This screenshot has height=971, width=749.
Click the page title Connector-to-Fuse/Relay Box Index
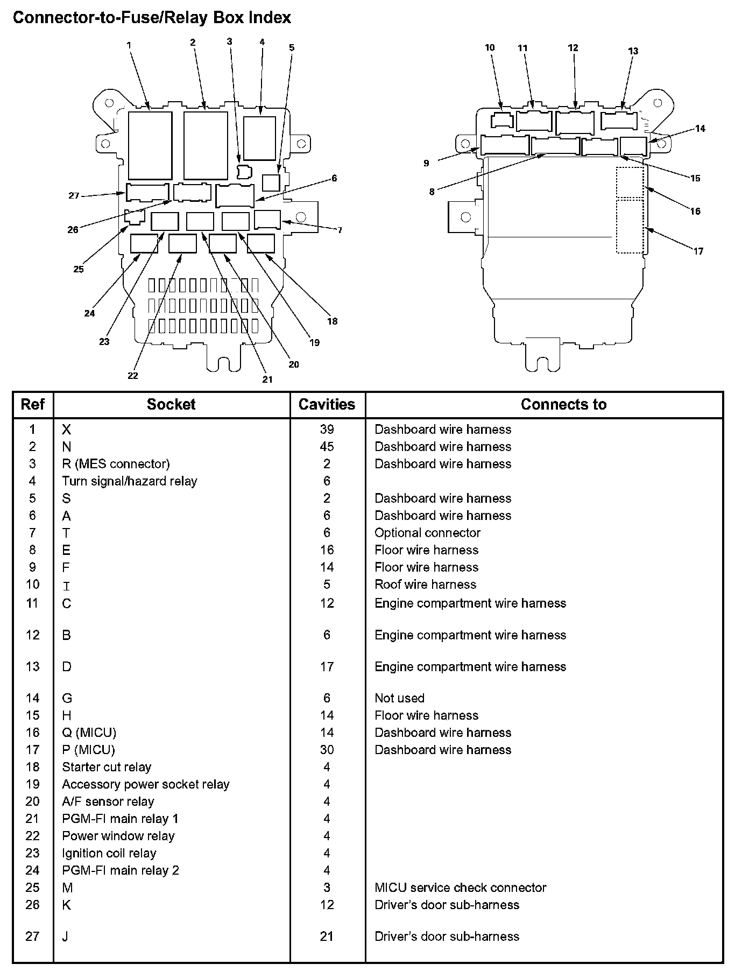pyautogui.click(x=152, y=18)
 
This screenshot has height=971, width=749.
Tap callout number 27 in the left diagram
pyautogui.click(x=74, y=195)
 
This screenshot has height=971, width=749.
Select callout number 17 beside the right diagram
pyautogui.click(x=698, y=251)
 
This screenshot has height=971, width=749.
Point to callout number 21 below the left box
pyautogui.click(x=267, y=379)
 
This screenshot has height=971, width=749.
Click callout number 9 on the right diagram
pyautogui.click(x=426, y=163)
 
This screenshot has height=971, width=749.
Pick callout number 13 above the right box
pyautogui.click(x=633, y=51)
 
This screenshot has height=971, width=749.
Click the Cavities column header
pyautogui.click(x=327, y=404)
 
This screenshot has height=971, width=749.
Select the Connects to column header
pyautogui.click(x=563, y=404)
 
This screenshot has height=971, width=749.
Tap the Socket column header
pyautogui.click(x=171, y=404)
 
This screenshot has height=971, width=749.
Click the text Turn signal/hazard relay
pyautogui.click(x=130, y=481)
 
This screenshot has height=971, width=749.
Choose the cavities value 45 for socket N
pyautogui.click(x=327, y=446)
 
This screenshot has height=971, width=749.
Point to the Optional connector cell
pyautogui.click(x=427, y=532)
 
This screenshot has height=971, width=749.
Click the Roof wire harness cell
pyautogui.click(x=425, y=584)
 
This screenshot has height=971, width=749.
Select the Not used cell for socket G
pyautogui.click(x=399, y=698)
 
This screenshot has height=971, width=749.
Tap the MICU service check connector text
pyautogui.click(x=460, y=888)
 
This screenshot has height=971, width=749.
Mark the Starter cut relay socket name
pyautogui.click(x=107, y=767)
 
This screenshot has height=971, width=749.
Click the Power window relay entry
pyautogui.click(x=118, y=836)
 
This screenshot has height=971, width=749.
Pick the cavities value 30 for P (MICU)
pyautogui.click(x=327, y=750)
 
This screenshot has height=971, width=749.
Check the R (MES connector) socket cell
pyautogui.click(x=116, y=463)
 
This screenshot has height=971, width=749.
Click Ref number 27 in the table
pyautogui.click(x=32, y=937)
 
